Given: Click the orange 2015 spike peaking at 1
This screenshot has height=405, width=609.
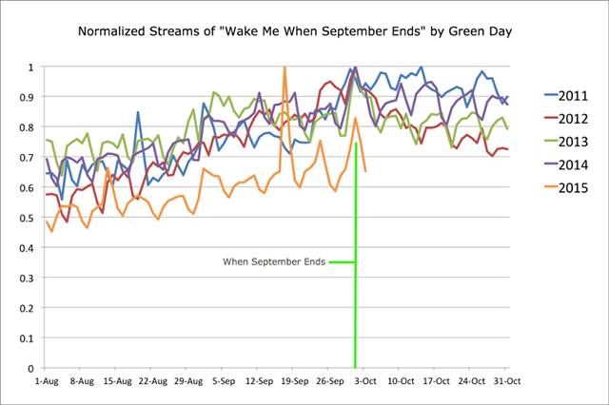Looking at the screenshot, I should pyautogui.click(x=285, y=68).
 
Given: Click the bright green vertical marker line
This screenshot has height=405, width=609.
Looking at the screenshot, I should pyautogui.click(x=356, y=285).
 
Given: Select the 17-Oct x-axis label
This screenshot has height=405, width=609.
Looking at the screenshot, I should pyautogui.click(x=435, y=380).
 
